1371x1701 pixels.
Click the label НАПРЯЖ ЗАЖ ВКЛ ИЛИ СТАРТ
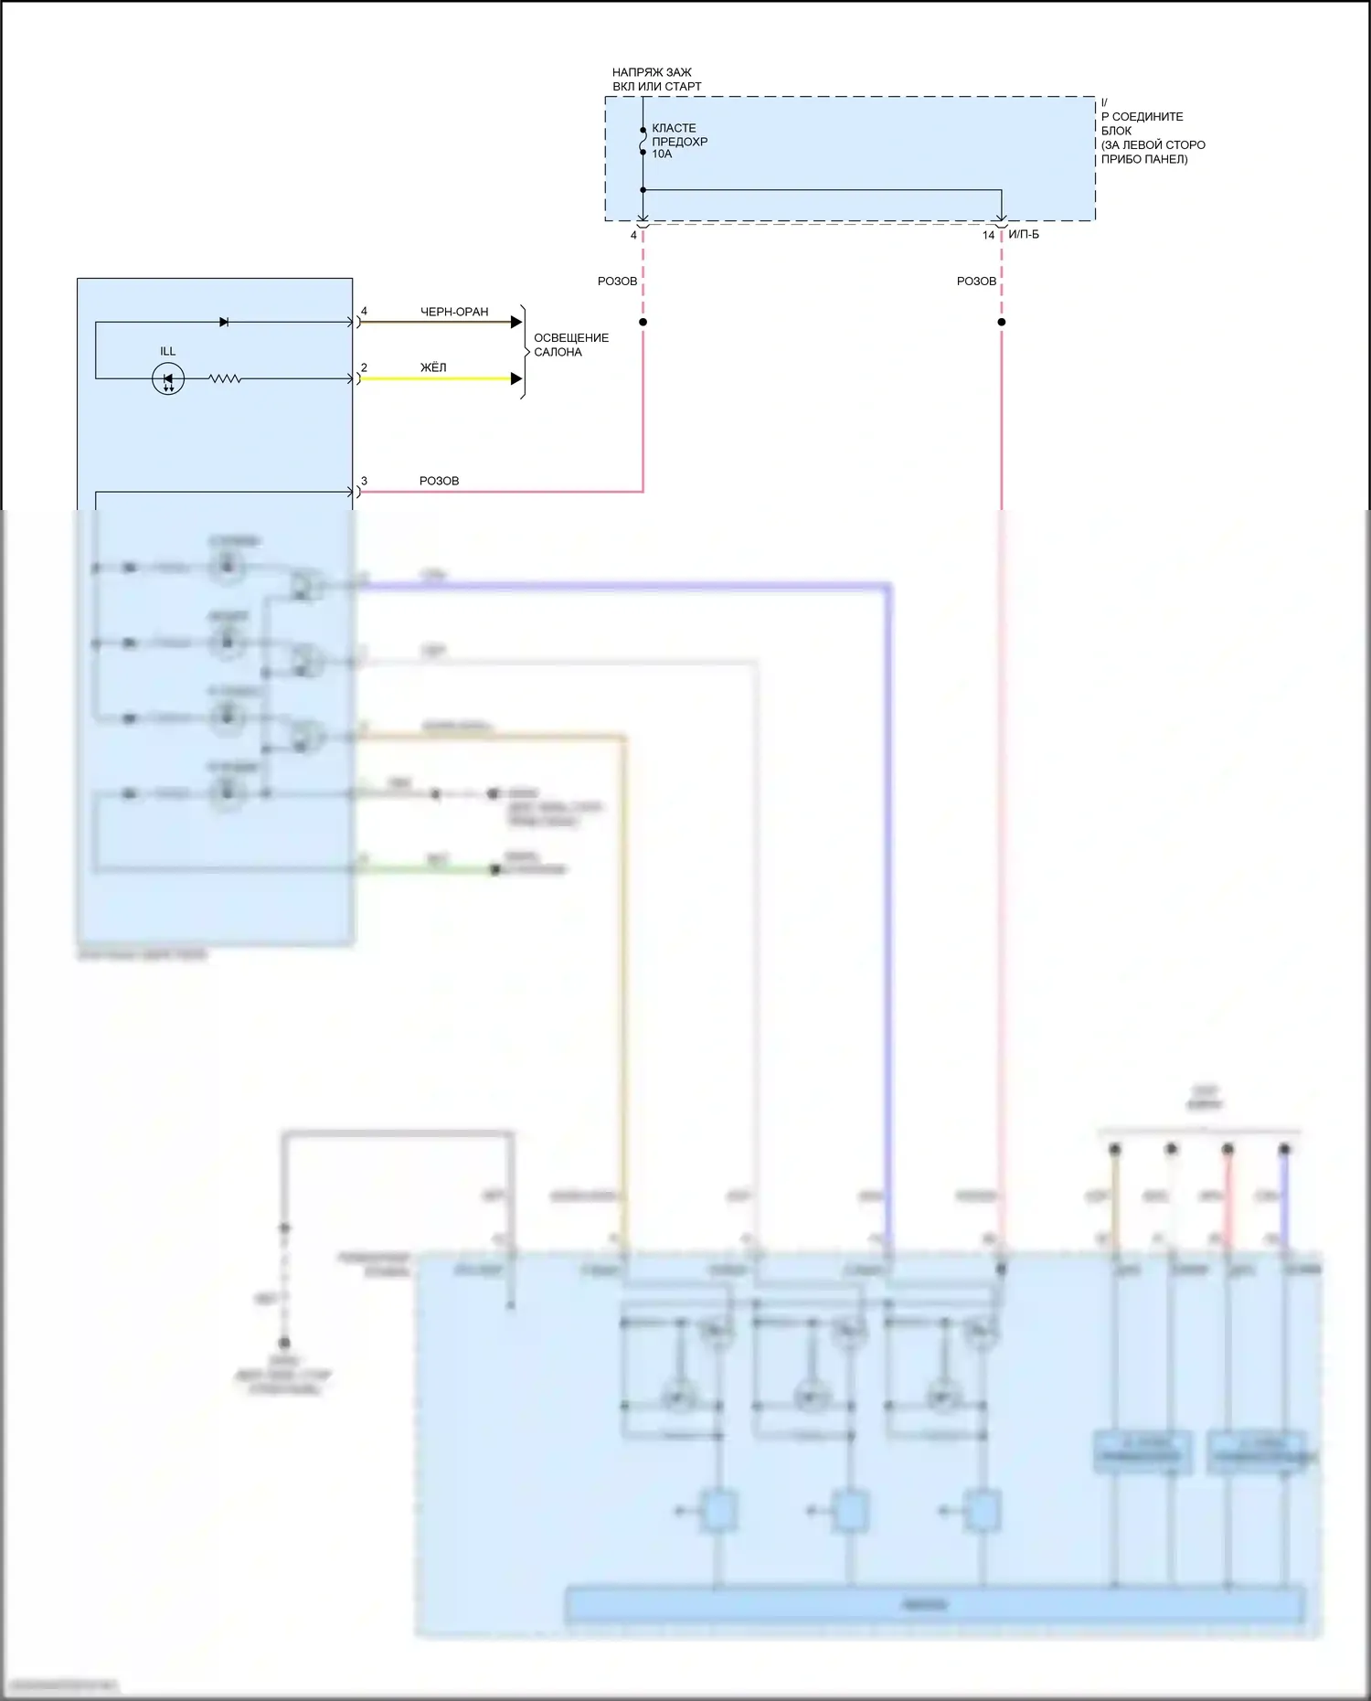656,80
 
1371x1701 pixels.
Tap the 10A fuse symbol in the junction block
643,142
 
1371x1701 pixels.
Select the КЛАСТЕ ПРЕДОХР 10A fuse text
679,142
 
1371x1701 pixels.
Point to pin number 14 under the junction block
988,236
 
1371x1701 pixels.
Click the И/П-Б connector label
1024,235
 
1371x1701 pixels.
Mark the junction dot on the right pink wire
1002,322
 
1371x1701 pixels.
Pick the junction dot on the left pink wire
643,322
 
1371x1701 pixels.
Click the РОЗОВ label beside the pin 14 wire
976,282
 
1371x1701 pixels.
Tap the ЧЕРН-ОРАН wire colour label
454,312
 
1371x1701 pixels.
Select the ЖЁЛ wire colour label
433,367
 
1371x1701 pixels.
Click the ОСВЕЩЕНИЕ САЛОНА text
570,345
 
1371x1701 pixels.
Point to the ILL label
168,351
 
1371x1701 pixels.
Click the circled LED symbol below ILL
168,378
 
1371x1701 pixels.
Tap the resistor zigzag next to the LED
225,378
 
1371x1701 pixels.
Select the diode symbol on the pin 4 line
224,322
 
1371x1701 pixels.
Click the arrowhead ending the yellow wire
516,378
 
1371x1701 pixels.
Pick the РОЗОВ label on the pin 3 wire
439,481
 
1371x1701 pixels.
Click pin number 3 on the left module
364,481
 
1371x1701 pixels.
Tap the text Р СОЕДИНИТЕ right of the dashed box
1142,117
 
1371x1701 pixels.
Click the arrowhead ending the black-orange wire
516,322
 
